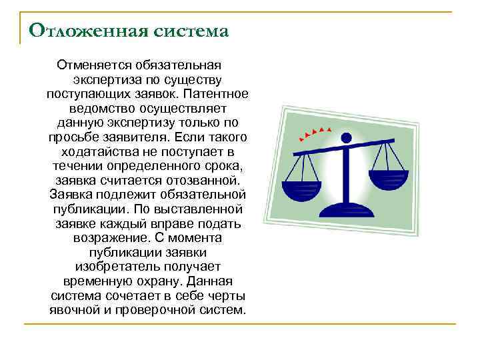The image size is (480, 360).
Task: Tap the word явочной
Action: click(x=75, y=310)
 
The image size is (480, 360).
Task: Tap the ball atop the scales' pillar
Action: click(x=345, y=138)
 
